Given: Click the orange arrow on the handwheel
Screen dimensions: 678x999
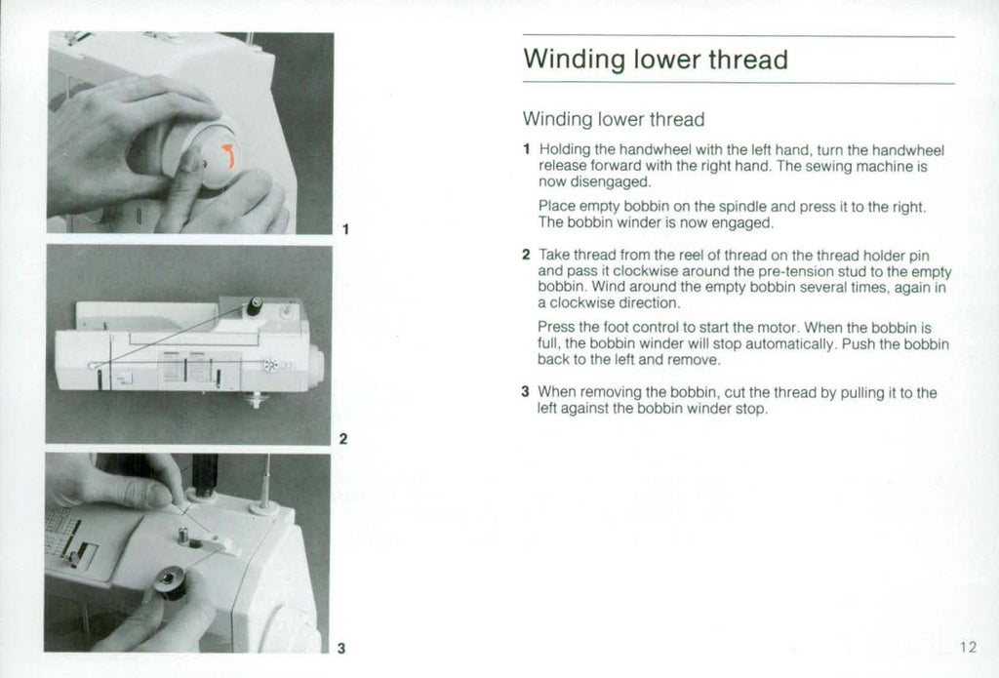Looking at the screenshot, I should point(228,156).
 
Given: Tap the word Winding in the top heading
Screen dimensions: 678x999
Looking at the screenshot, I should point(574,60).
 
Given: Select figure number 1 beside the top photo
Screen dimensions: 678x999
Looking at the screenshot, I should point(345,230).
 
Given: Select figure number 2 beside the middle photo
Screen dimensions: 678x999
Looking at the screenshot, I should point(342,439).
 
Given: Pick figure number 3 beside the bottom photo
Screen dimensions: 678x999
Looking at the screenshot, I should point(341,648).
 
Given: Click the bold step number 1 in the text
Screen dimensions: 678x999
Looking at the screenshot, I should point(526,150).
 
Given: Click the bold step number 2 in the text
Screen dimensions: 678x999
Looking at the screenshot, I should point(526,256).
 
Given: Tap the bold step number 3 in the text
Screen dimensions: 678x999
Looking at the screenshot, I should point(526,392).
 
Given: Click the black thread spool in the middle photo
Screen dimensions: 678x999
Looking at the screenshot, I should point(254,306).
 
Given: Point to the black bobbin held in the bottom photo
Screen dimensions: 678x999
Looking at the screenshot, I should point(172,586).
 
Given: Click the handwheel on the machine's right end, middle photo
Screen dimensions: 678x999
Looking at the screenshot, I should point(316,366).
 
